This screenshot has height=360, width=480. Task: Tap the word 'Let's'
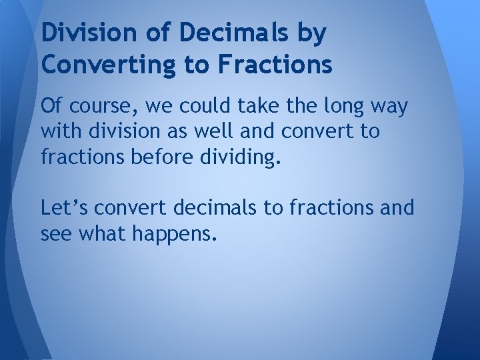64,209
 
